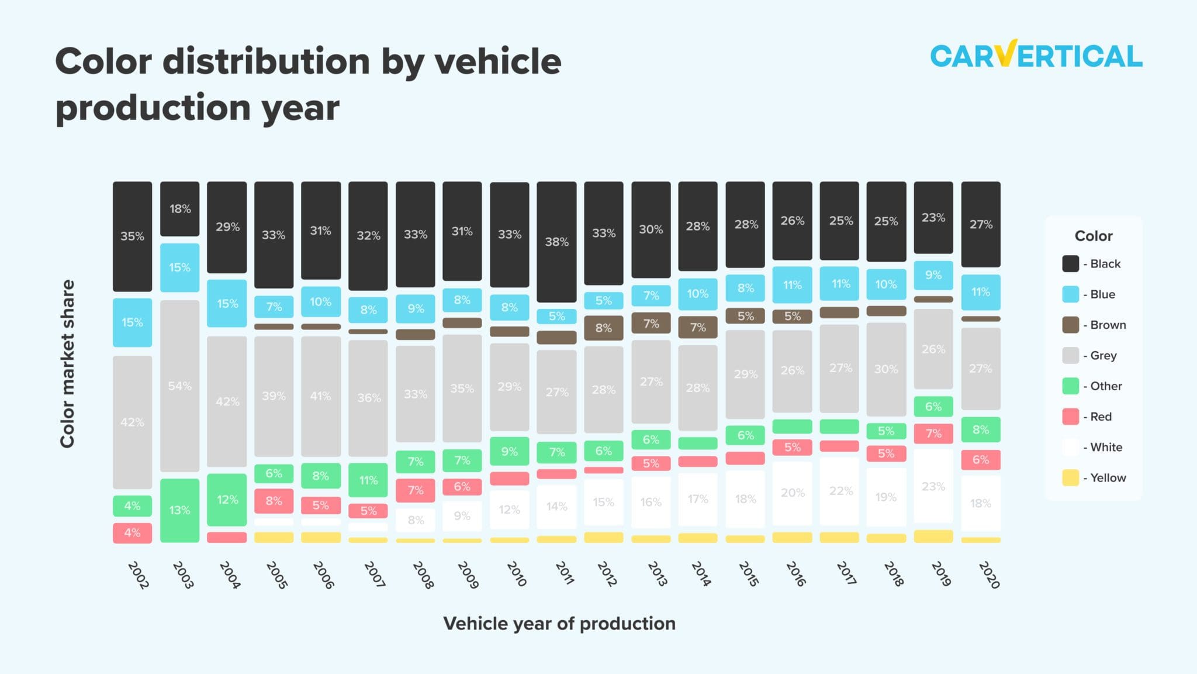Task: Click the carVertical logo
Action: pos(1036,56)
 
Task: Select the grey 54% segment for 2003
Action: pos(179,386)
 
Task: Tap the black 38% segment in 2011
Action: pos(556,242)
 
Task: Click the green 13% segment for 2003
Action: pos(179,510)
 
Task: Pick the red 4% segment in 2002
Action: pos(132,533)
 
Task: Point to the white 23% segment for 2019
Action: pos(933,486)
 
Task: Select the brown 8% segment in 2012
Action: pos(604,328)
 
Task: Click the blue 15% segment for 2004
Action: pos(227,304)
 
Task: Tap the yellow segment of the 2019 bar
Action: pos(933,536)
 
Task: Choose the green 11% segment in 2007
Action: pos(368,480)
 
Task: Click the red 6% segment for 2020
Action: pos(981,460)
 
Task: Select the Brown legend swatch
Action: pos(1070,325)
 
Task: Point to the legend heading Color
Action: pos(1093,236)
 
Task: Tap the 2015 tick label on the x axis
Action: pos(748,574)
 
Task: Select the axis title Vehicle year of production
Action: pos(559,624)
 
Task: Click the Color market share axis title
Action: pos(68,363)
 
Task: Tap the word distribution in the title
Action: pos(266,61)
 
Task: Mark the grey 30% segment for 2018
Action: pos(886,369)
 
